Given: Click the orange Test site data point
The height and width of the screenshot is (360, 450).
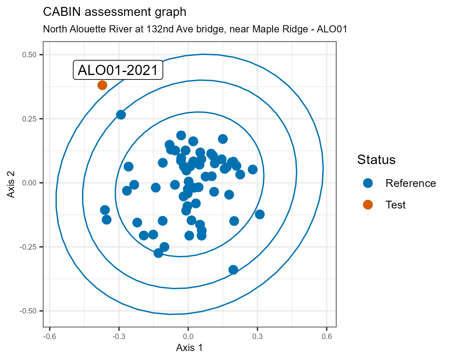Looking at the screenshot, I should click(x=102, y=85).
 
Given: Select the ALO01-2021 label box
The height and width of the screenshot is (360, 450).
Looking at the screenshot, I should click(x=118, y=70).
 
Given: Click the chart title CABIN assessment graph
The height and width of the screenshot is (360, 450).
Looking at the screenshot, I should click(x=115, y=12).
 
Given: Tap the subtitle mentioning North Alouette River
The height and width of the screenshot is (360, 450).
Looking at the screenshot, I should click(x=195, y=29).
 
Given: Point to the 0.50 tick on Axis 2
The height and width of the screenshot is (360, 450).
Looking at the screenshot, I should click(x=29, y=55).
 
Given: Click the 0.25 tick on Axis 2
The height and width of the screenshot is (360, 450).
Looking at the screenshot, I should click(x=29, y=119).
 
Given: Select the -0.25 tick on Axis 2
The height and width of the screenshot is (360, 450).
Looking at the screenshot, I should click(x=28, y=247).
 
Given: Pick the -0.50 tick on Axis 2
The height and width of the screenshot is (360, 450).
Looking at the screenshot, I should click(x=28, y=311).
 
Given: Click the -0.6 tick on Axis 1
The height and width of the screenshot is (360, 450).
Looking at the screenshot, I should click(x=50, y=337).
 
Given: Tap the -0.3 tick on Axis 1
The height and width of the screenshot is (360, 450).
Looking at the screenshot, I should click(x=119, y=337).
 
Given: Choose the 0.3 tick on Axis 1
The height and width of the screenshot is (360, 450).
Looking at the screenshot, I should click(x=257, y=337).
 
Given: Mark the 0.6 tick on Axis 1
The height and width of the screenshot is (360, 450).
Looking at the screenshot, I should click(x=327, y=337).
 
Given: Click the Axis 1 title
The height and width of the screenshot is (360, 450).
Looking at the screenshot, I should click(x=189, y=348).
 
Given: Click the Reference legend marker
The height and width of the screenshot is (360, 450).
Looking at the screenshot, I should click(x=368, y=183).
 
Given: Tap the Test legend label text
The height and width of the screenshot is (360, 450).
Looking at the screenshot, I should click(x=395, y=205).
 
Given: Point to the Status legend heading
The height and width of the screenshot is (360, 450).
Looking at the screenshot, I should click(x=376, y=160).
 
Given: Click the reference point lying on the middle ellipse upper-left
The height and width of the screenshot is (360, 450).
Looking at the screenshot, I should click(x=121, y=115).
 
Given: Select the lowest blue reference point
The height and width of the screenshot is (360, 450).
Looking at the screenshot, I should click(x=233, y=270).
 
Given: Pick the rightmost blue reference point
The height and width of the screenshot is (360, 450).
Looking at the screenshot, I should click(x=259, y=214).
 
